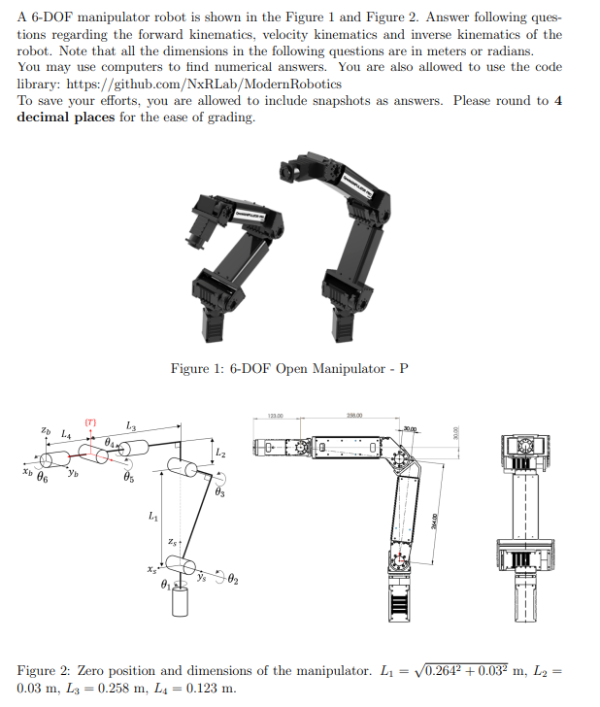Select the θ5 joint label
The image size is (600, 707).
[x=129, y=479]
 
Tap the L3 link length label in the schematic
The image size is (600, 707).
[x=131, y=426]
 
